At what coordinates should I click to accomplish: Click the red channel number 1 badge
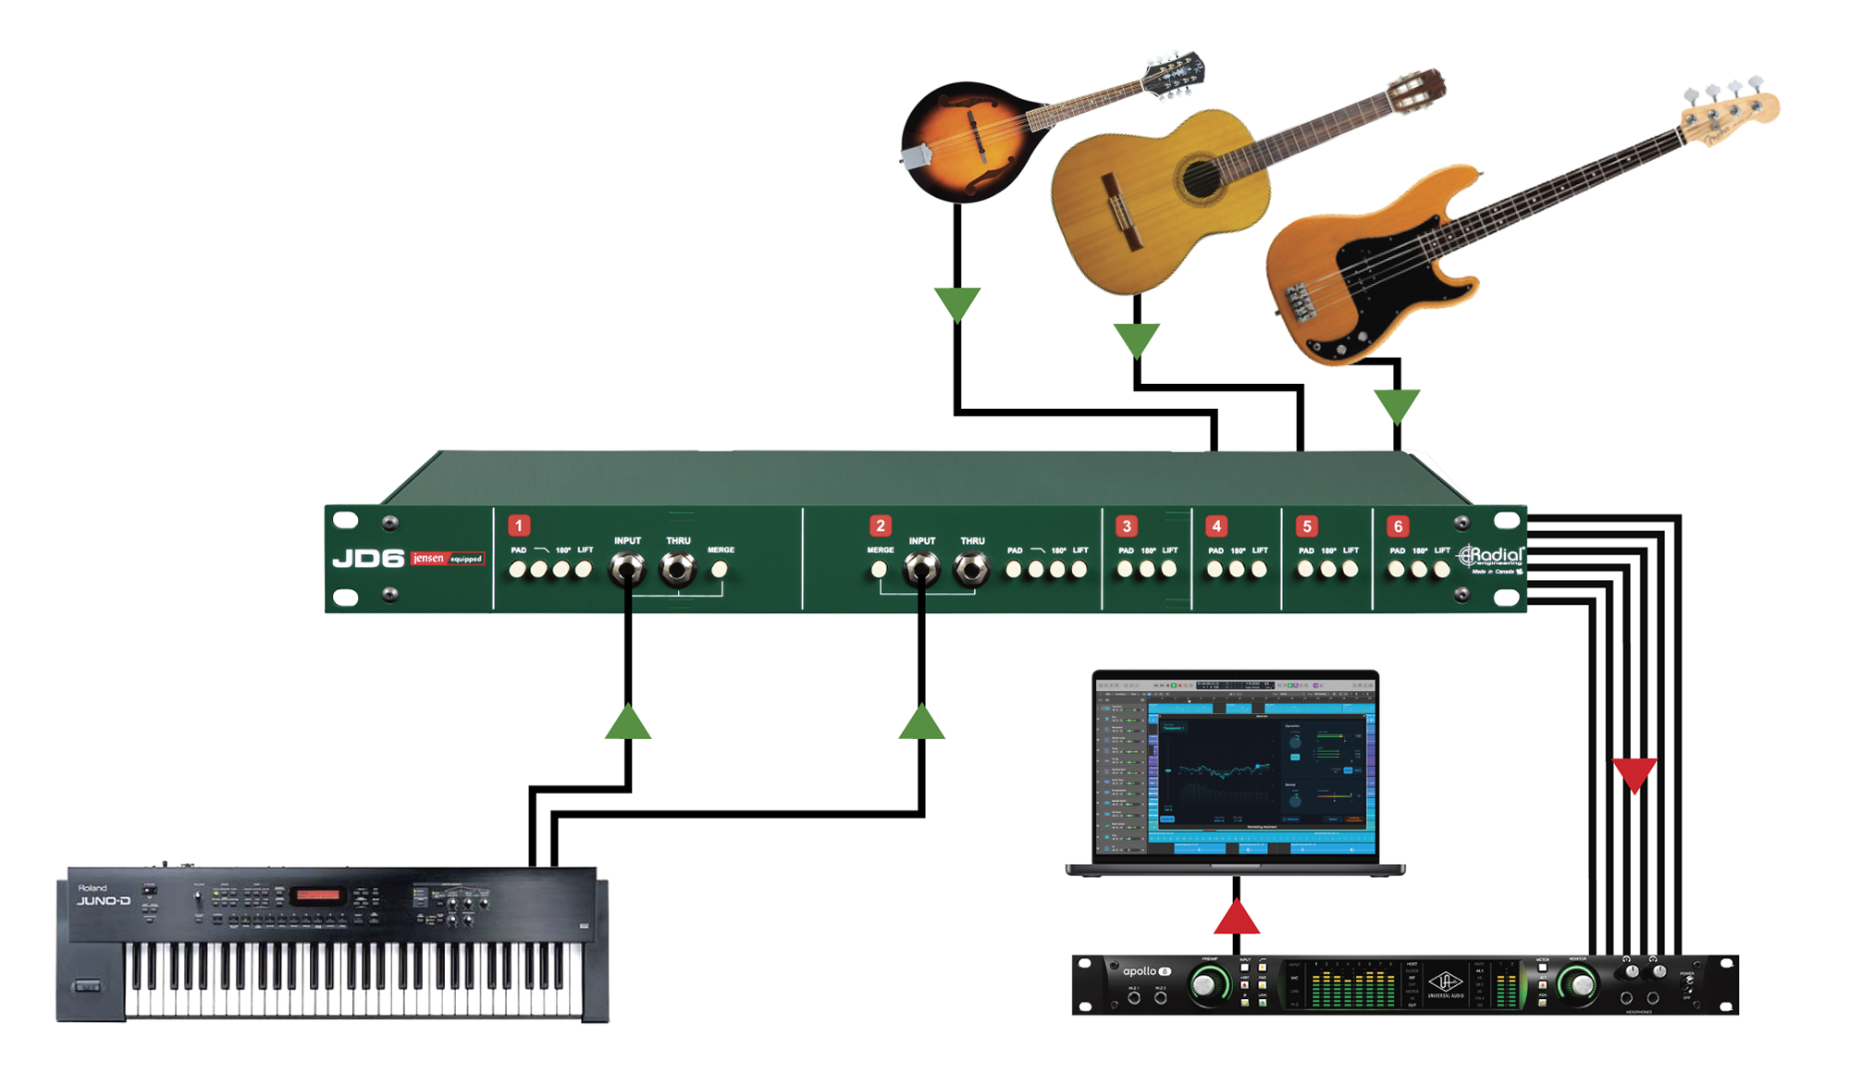pos(519,525)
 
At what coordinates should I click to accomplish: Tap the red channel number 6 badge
pos(1398,526)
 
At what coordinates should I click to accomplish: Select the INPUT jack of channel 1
pos(627,568)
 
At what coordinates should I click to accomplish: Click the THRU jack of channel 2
pos(970,569)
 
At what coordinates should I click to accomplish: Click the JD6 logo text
pos(368,559)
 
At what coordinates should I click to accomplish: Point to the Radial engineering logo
pos(1491,557)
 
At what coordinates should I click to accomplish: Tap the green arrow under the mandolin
pos(957,303)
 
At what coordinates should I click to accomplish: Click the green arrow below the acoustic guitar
pos(1137,339)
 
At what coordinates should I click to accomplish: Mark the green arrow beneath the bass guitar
pos(1397,405)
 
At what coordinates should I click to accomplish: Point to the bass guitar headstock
pos(1730,111)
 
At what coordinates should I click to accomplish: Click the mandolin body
pos(962,139)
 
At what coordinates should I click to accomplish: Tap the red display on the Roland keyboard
pos(317,894)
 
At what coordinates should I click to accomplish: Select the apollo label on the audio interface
pos(1140,971)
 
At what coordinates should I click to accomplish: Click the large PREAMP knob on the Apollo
pos(1206,986)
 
